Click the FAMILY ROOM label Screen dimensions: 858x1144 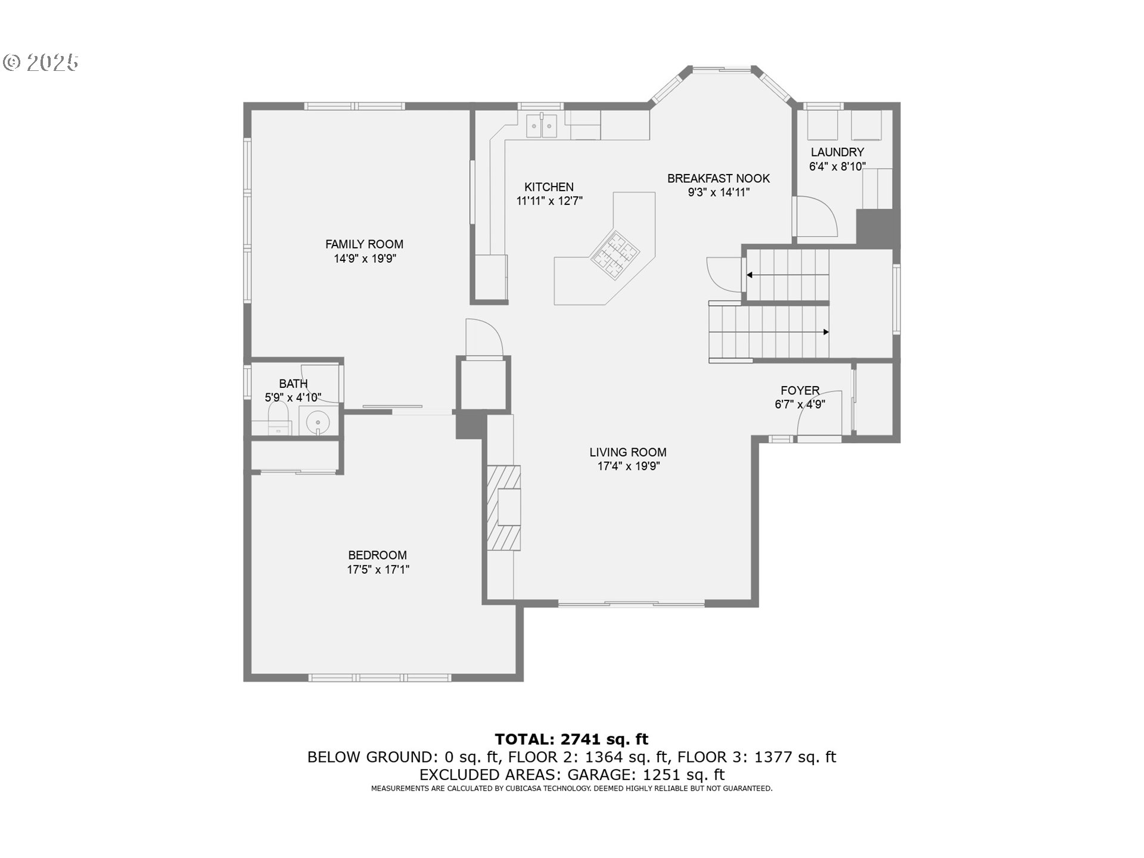click(364, 244)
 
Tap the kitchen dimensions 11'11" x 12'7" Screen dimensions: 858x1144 click(549, 201)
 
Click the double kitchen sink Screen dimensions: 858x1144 click(542, 126)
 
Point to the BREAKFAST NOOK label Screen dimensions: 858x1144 click(718, 178)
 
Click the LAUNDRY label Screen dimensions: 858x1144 click(837, 152)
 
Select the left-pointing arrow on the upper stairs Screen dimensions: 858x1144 click(750, 275)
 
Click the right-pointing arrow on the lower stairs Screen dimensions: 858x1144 click(825, 332)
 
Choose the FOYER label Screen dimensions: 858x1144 click(800, 390)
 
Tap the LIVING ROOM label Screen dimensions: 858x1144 click(627, 452)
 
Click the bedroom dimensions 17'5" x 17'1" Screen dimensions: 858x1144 click(378, 570)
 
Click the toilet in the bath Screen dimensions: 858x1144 click(278, 417)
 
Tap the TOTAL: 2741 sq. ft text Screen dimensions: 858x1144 click(571, 739)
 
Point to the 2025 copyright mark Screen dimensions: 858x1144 click(41, 63)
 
